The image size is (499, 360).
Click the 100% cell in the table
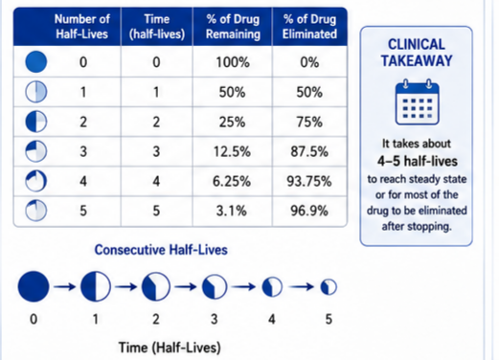pyautogui.click(x=233, y=62)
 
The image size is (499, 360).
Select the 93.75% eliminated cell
pyautogui.click(x=309, y=181)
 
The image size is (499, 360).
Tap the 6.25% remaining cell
pyautogui.click(x=232, y=181)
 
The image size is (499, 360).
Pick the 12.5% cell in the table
pyautogui.click(x=232, y=151)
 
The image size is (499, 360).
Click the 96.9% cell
pyautogui.click(x=309, y=211)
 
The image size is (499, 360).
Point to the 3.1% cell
pyautogui.click(x=232, y=211)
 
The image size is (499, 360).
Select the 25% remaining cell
pyautogui.click(x=232, y=122)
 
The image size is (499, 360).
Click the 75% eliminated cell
pyautogui.click(x=309, y=122)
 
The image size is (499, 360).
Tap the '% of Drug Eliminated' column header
pyautogui.click(x=309, y=27)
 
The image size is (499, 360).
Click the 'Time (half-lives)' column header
pyautogui.click(x=157, y=27)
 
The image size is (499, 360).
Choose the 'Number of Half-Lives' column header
pyautogui.click(x=82, y=27)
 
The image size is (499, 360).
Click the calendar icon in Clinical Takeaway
pyautogui.click(x=418, y=101)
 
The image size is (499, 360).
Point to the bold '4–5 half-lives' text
pyautogui.click(x=418, y=161)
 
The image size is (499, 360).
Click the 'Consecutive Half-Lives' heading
pyautogui.click(x=161, y=250)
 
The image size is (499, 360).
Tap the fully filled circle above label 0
pyautogui.click(x=34, y=286)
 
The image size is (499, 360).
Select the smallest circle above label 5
pyautogui.click(x=329, y=286)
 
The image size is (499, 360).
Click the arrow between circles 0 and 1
pyautogui.click(x=64, y=287)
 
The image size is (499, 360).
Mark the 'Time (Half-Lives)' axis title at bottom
pyautogui.click(x=170, y=348)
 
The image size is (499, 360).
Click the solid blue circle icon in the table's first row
pyautogui.click(x=36, y=61)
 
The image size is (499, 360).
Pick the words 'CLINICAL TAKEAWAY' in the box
pyautogui.click(x=417, y=53)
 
